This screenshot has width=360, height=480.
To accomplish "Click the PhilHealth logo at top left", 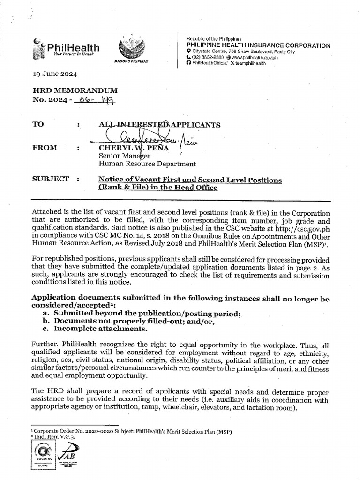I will [x=67, y=49].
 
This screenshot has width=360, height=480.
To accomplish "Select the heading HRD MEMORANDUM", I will [x=75, y=90].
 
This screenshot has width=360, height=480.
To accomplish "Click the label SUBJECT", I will [x=50, y=179].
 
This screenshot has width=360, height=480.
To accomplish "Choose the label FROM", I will [x=45, y=148].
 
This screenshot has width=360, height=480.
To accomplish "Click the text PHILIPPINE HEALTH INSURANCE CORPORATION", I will [x=258, y=45].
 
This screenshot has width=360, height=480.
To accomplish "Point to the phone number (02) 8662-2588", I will [x=208, y=58].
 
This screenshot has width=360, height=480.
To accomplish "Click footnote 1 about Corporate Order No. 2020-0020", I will [x=132, y=431].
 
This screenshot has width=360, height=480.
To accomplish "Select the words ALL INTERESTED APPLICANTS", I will [x=159, y=125].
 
